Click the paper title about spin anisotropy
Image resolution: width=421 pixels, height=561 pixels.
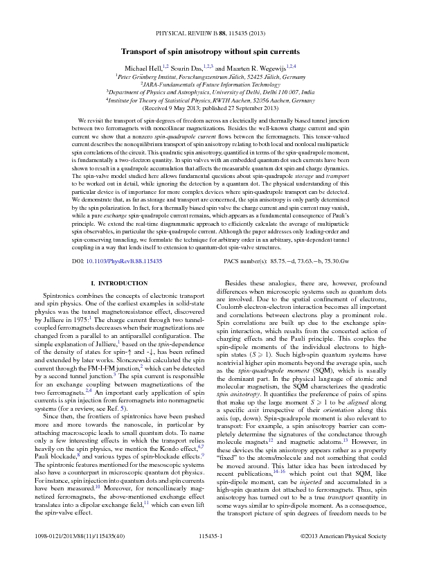point(210,53)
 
